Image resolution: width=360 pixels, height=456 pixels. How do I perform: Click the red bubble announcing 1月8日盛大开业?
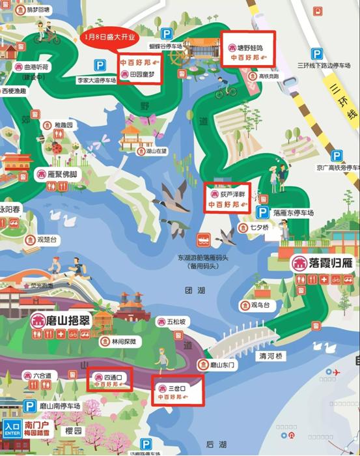[x=110, y=36]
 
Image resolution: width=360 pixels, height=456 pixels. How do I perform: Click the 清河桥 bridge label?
[x=271, y=356]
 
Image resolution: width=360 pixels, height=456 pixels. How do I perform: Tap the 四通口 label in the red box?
[x=109, y=377]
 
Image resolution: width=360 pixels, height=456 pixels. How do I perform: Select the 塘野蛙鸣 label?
[x=249, y=48]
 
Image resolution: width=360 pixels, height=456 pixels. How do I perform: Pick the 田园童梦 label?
[x=143, y=74]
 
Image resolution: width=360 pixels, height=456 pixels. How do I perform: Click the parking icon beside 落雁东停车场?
[x=264, y=213]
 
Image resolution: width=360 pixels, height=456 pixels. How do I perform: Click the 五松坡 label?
[x=176, y=322]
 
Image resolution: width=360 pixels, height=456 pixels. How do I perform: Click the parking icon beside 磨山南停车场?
[x=29, y=406]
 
